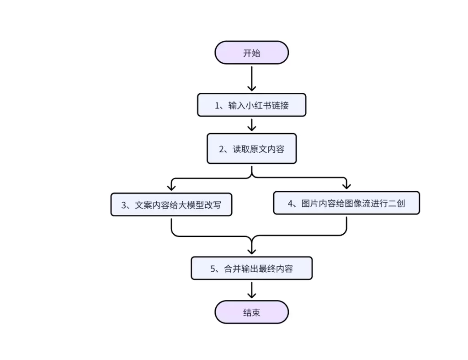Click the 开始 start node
(251, 53)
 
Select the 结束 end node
(251, 312)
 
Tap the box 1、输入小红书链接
(251, 105)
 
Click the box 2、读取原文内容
(251, 149)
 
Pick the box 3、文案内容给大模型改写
(171, 205)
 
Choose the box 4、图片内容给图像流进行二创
(346, 203)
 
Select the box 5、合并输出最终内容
(251, 269)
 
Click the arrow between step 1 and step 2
(251, 124)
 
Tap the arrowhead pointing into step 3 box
(171, 187)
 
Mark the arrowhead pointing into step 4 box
(346, 185)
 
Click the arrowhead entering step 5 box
(251, 251)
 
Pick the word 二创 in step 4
(396, 203)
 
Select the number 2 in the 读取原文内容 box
(222, 149)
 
